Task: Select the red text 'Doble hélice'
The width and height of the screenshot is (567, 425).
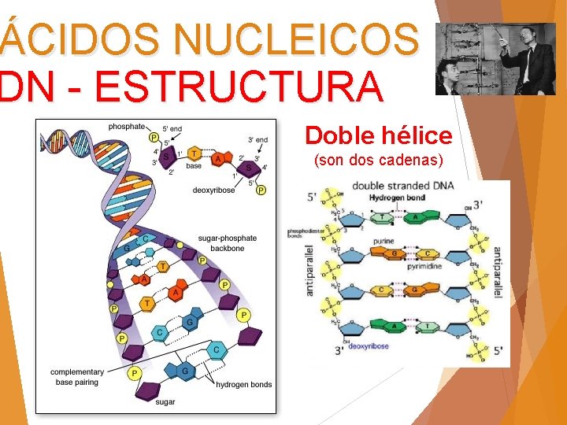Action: (379, 136)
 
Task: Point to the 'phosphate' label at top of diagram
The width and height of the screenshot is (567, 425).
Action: (127, 126)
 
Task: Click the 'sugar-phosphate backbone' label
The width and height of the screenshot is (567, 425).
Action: (226, 242)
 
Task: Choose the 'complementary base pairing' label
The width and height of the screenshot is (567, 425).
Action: (76, 376)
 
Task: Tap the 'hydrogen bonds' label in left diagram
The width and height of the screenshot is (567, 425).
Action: (244, 385)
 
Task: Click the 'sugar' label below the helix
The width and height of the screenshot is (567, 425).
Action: (165, 402)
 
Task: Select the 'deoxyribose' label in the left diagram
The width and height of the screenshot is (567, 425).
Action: (214, 190)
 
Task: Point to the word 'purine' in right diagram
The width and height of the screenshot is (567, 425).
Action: (385, 242)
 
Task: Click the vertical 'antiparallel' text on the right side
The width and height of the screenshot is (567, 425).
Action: (498, 272)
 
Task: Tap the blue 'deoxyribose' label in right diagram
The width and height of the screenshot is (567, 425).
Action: (368, 346)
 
